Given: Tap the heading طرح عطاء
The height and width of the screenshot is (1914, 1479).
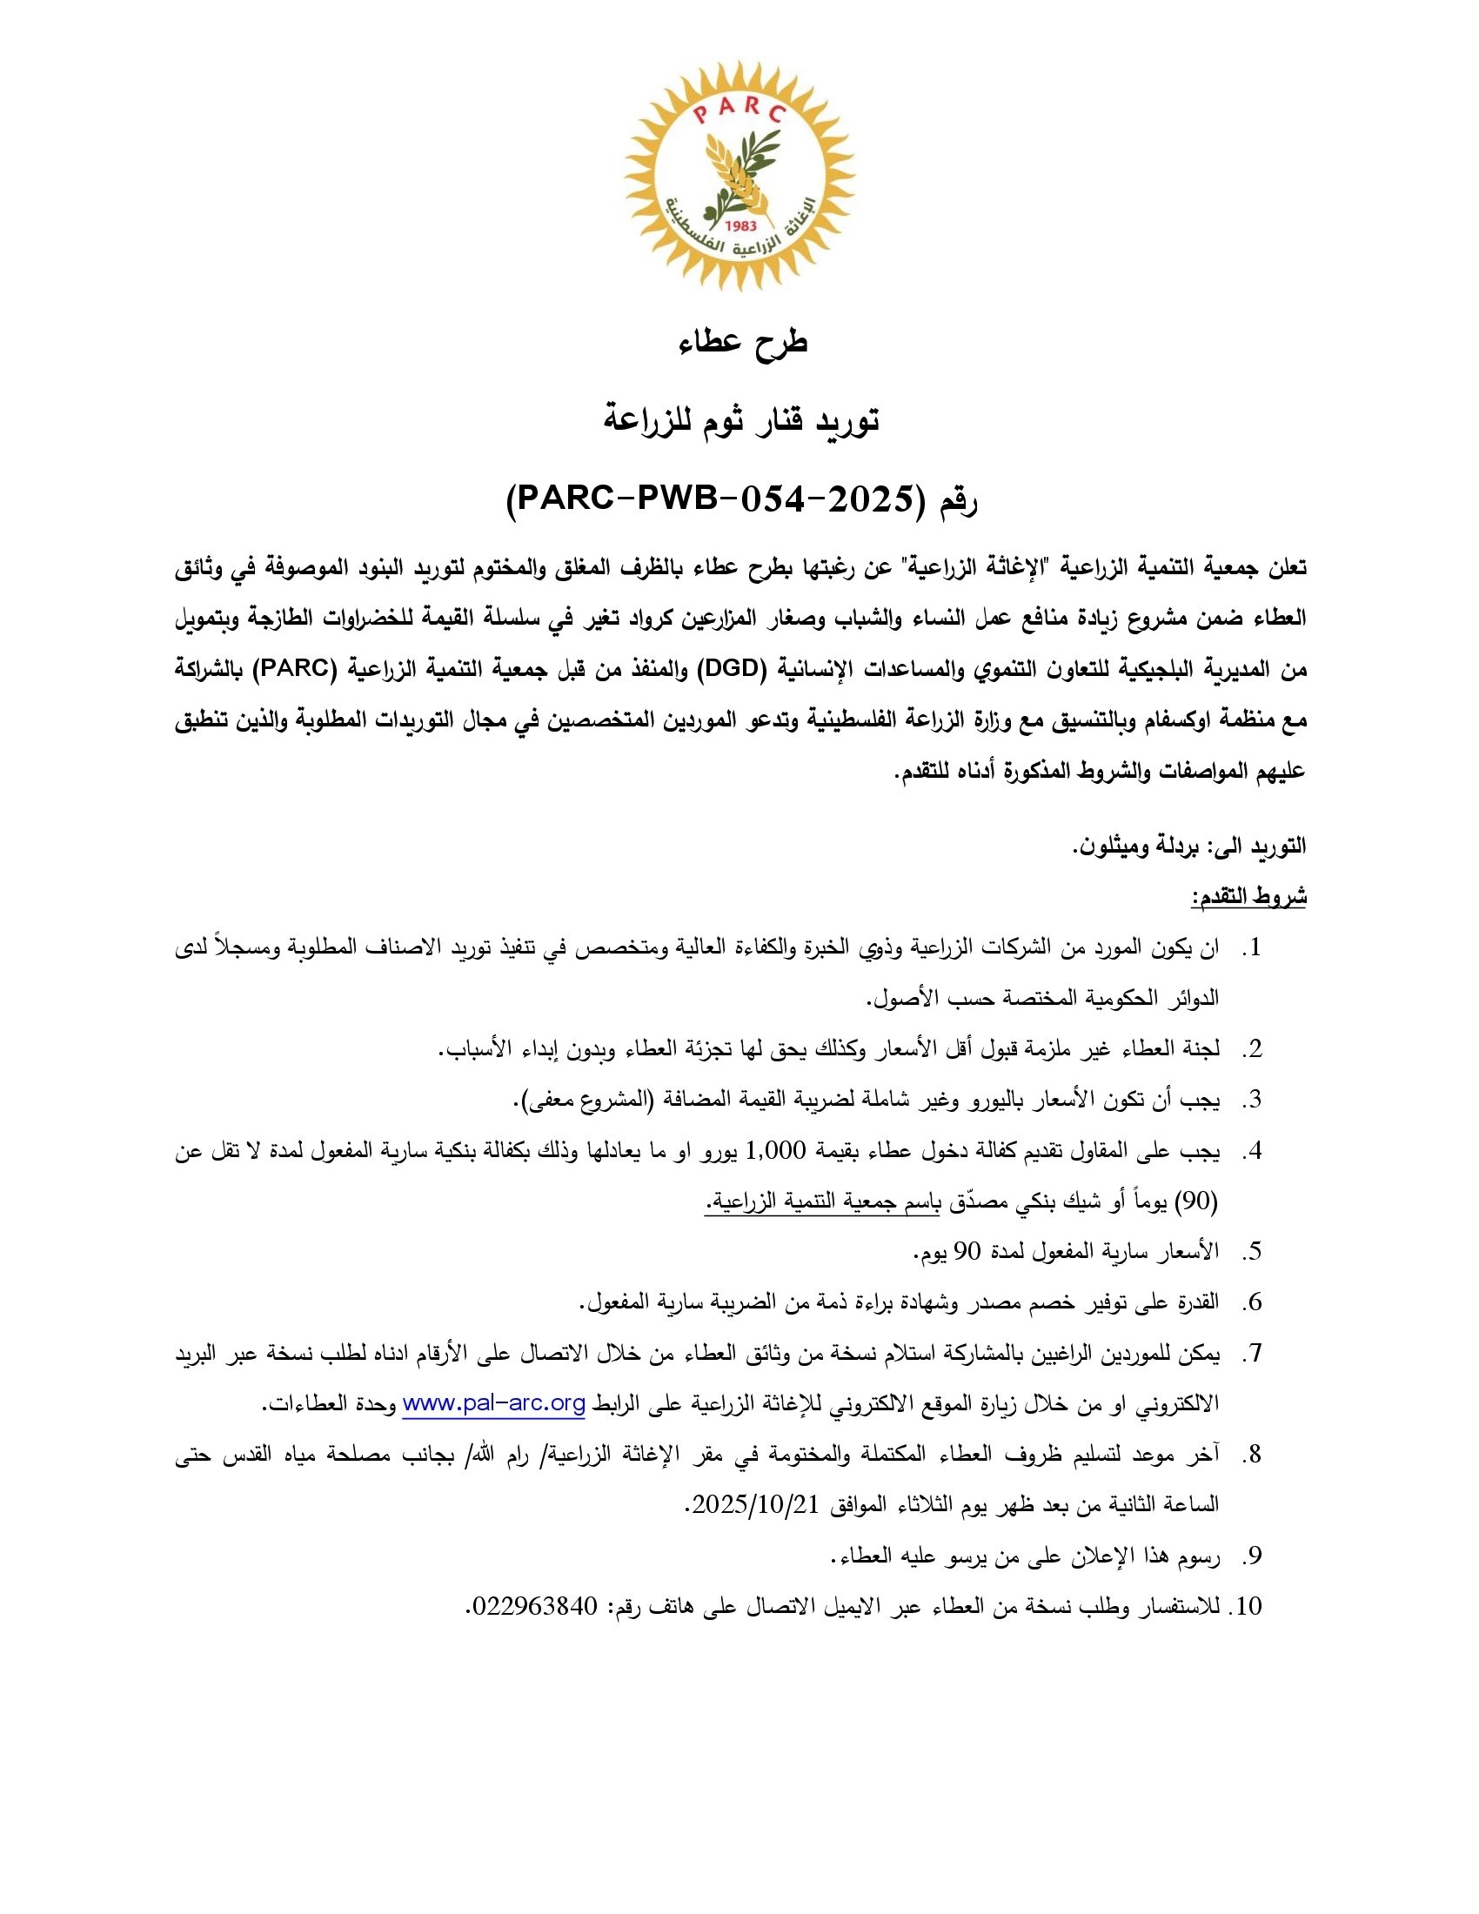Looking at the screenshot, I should (x=742, y=343).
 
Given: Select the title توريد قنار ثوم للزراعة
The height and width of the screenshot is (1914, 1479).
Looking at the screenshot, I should (x=741, y=421).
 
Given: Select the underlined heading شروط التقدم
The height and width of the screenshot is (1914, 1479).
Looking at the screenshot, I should (x=1248, y=896).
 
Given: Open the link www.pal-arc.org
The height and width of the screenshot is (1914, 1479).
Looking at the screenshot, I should (x=493, y=1403).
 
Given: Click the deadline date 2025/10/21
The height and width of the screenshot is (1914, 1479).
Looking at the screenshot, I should (x=754, y=1505).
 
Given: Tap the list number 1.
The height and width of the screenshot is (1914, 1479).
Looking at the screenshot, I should (x=1254, y=947).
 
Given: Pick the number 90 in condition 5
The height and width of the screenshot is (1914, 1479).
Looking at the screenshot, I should (x=966, y=1251).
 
